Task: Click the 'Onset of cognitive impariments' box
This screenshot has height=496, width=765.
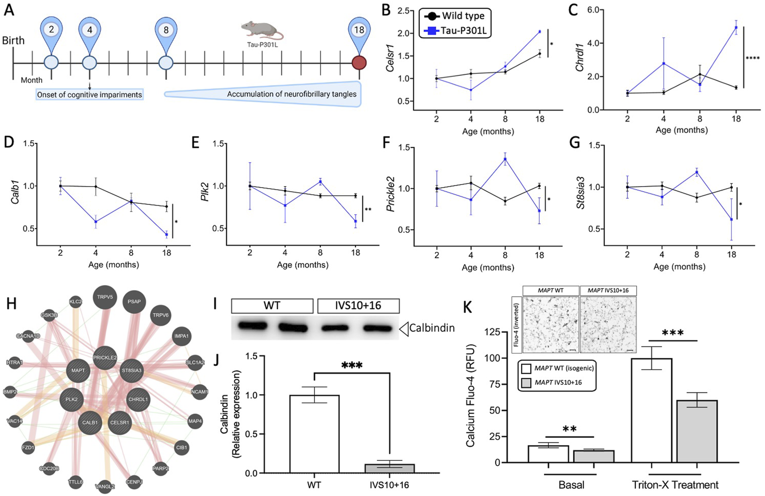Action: (x=90, y=94)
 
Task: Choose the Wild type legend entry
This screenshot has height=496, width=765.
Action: (x=456, y=16)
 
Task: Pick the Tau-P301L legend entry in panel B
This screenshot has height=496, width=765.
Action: (x=456, y=31)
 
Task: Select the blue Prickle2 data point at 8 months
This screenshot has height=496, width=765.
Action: (x=505, y=159)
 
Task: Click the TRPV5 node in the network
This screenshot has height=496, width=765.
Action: (x=105, y=297)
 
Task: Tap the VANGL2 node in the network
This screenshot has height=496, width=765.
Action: (x=105, y=485)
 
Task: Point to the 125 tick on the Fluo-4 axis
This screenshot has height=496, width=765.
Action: (x=495, y=333)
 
